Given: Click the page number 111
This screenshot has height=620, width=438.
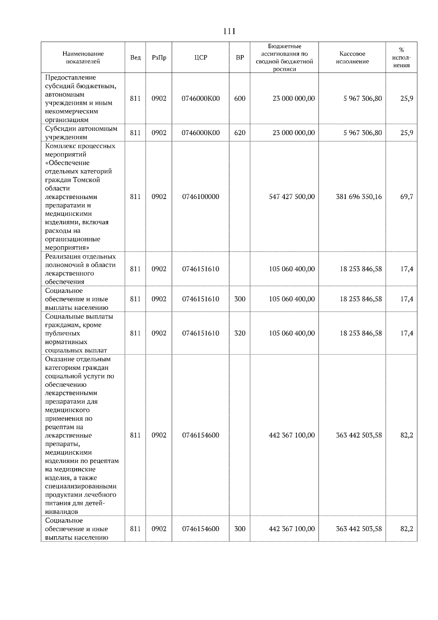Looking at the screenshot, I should click(229, 31).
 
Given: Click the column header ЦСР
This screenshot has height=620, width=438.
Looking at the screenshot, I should click(201, 58).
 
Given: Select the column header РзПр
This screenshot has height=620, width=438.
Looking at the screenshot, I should click(159, 58).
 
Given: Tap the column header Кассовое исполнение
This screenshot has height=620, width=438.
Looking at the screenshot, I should click(352, 58).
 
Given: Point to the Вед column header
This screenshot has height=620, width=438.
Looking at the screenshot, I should click(135, 58).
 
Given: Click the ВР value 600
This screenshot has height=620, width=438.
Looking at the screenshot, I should click(239, 99).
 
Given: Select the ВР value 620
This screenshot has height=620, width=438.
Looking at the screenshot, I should click(239, 133).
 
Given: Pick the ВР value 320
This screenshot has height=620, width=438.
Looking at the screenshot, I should click(239, 333).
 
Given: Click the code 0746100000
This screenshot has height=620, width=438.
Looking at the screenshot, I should click(201, 197).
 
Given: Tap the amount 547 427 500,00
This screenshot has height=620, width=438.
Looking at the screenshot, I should click(291, 197).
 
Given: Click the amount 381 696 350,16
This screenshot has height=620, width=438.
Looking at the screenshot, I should click(358, 197).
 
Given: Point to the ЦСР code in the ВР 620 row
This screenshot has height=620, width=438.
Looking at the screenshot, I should click(201, 133).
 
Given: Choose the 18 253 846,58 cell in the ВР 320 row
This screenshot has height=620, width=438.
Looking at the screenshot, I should click(360, 333).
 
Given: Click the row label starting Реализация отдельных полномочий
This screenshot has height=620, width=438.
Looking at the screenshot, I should click(80, 269).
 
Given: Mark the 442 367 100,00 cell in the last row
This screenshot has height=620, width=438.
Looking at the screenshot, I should click(291, 529).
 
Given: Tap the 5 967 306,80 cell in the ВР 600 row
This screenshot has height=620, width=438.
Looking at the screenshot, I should click(362, 99).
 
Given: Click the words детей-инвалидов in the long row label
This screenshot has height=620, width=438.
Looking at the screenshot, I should click(75, 508).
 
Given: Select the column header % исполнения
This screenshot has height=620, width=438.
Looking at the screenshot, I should click(401, 58).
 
